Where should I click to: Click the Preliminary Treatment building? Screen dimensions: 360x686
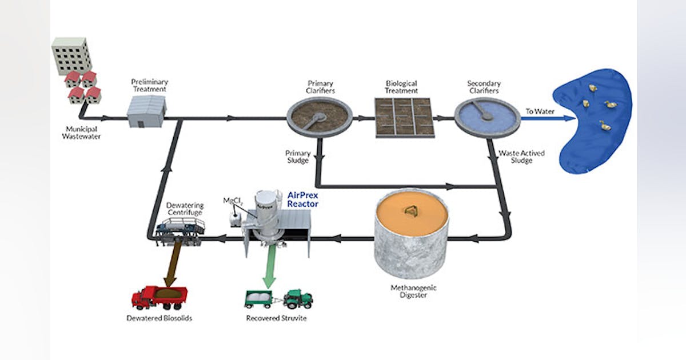point(146,111)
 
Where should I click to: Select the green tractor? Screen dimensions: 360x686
point(298,298)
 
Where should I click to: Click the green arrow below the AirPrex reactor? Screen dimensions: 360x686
point(269,269)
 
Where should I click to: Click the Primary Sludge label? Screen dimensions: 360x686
point(298,157)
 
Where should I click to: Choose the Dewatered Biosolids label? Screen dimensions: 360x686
point(159,318)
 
